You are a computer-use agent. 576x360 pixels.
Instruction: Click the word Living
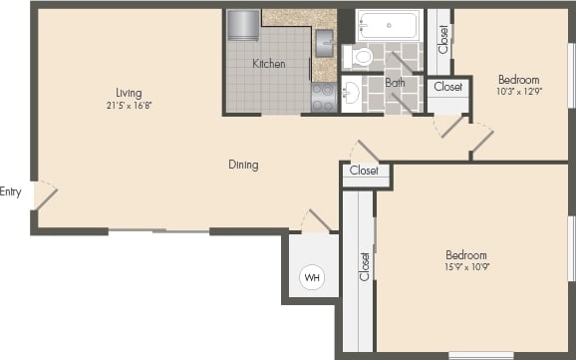pyautogui.click(x=129, y=93)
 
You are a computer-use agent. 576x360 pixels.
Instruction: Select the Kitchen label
pyautogui.click(x=268, y=64)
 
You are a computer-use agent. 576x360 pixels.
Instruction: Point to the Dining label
pyautogui.click(x=243, y=165)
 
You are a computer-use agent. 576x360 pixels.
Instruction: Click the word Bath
pyautogui.click(x=395, y=83)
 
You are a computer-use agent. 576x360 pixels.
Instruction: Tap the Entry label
pyautogui.click(x=11, y=191)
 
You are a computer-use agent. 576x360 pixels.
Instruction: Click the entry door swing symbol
pyautogui.click(x=44, y=194)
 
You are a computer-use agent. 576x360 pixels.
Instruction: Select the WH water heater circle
pyautogui.click(x=312, y=276)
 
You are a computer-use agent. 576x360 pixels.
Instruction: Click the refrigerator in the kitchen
pyautogui.click(x=243, y=26)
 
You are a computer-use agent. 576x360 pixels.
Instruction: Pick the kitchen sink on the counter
pyautogui.click(x=324, y=43)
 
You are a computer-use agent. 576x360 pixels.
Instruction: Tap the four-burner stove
pyautogui.click(x=324, y=97)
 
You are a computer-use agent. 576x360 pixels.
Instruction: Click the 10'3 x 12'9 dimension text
pyautogui.click(x=518, y=92)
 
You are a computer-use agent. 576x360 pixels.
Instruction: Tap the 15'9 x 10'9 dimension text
pyautogui.click(x=466, y=266)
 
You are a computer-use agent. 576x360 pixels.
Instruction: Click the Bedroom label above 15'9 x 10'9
pyautogui.click(x=466, y=254)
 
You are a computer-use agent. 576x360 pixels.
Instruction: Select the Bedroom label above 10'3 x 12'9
pyautogui.click(x=518, y=80)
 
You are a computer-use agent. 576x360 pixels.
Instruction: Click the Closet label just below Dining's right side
pyautogui.click(x=365, y=171)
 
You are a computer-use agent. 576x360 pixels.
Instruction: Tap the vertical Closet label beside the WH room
pyautogui.click(x=364, y=266)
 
